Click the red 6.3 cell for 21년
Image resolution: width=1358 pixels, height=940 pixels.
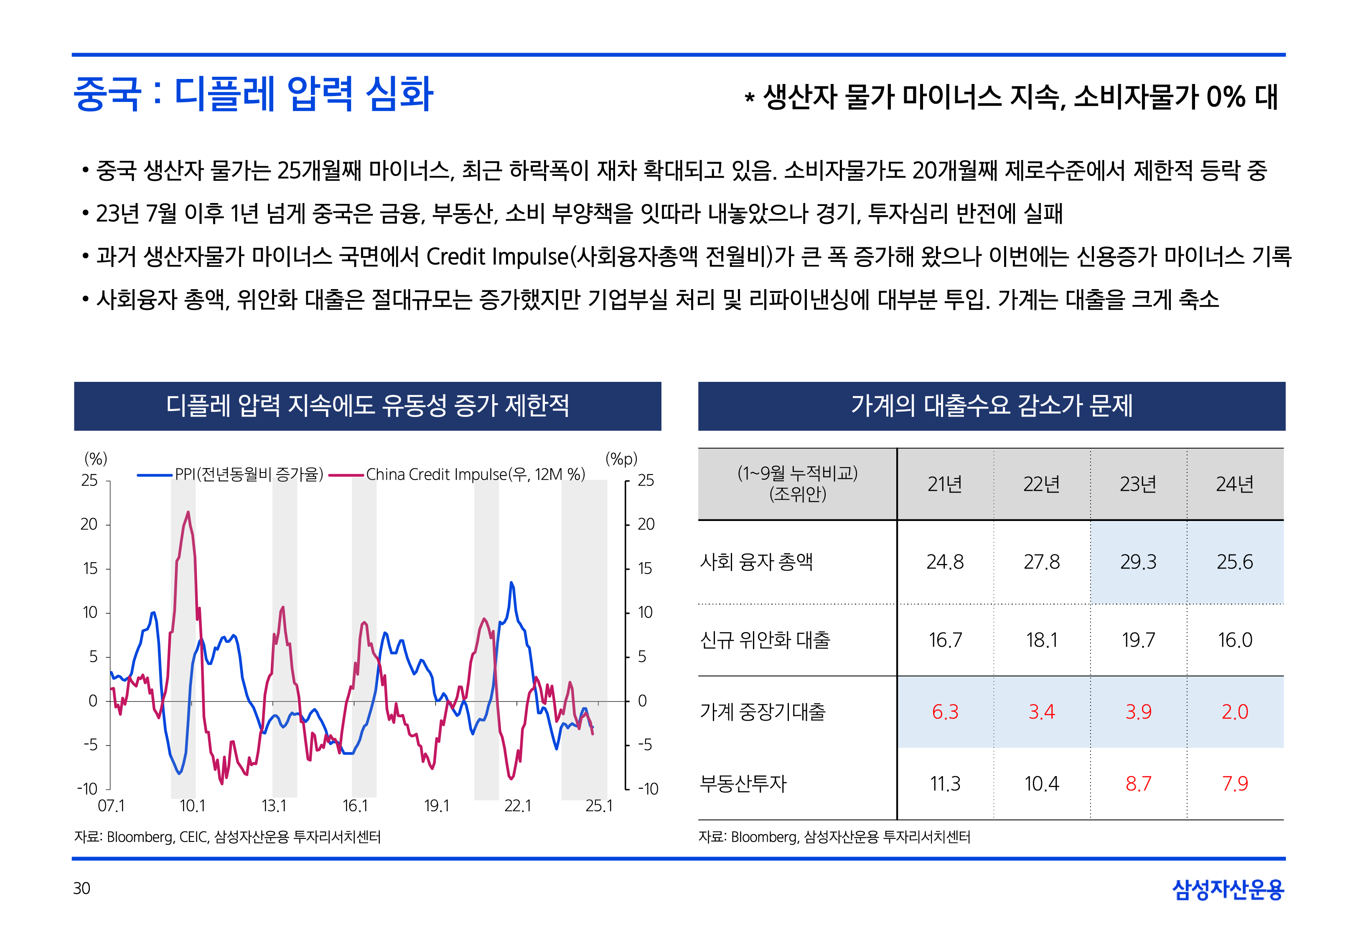945,711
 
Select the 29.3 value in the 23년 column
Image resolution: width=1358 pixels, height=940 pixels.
1138,562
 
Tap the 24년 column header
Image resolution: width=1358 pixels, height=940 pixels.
1234,484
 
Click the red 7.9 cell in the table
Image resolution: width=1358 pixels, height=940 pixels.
1234,783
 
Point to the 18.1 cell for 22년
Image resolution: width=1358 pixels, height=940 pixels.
1041,640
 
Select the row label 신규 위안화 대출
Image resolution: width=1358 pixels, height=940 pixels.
764,640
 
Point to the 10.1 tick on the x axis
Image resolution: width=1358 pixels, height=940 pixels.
192,806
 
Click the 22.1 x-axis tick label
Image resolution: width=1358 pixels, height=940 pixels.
517,806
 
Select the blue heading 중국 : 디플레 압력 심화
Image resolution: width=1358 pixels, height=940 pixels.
253,94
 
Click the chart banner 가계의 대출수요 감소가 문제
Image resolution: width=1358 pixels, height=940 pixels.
991,406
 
